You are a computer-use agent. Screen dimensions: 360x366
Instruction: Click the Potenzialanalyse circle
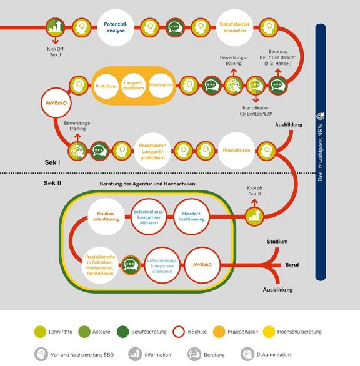[116, 27]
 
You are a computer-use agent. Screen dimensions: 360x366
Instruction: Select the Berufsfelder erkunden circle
[234, 27]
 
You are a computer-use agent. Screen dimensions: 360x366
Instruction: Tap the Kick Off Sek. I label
[56, 52]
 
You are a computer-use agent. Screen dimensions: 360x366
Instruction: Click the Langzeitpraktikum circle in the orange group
[133, 86]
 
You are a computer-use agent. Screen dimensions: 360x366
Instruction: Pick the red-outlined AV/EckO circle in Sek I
[56, 102]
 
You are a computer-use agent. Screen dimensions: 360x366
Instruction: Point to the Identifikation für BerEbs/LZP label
[256, 111]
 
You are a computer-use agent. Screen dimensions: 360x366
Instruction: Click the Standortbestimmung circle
[192, 217]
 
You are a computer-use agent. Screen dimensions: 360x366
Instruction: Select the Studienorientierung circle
[106, 217]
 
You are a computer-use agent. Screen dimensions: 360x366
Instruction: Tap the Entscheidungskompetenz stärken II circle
[162, 265]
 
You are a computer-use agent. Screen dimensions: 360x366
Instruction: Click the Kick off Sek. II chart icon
[254, 216]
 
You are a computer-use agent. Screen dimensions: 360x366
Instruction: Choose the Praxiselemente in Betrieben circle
[100, 265]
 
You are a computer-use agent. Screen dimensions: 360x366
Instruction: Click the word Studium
[277, 242]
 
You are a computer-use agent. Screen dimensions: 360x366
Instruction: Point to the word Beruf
[292, 265]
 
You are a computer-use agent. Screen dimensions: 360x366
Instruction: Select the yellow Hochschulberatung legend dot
[269, 332]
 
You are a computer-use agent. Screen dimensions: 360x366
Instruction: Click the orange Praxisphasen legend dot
[219, 332]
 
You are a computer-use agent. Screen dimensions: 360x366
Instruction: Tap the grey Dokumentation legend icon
[247, 354]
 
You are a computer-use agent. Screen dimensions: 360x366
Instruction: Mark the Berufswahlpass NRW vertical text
[320, 152]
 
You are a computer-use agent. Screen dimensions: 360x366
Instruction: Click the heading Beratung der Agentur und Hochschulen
[147, 184]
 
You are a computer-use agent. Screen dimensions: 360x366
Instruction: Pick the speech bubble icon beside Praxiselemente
[131, 265]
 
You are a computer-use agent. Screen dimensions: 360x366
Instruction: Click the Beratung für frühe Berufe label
[278, 57]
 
